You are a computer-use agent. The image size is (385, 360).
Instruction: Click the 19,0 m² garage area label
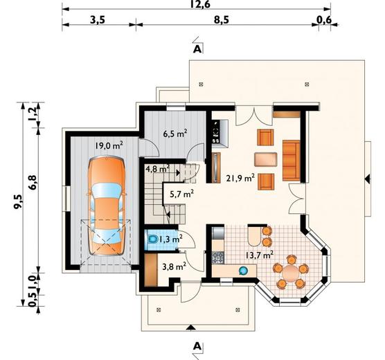point(109,145)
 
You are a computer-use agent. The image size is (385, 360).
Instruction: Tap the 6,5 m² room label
point(175,134)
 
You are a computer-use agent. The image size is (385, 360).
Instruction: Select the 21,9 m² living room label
point(240,178)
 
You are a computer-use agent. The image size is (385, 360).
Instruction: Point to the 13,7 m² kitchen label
point(260,255)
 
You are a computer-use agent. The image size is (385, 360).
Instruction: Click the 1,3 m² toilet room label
point(170,239)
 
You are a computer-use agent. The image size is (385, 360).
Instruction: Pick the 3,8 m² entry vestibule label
point(174,267)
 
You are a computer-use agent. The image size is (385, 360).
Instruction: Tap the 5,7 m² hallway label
point(181,194)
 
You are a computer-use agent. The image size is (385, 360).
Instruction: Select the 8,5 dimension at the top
point(221,19)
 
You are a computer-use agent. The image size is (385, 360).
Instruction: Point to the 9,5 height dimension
point(18,201)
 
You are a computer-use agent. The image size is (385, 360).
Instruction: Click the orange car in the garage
point(107,206)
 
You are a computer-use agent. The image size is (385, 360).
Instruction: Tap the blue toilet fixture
point(152,240)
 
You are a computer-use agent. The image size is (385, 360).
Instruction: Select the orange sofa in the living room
point(292,161)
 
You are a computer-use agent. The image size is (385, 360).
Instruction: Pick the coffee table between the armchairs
point(266,160)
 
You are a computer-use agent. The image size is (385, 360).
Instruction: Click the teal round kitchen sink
point(243,271)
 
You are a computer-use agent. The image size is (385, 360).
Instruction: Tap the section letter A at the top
point(197,50)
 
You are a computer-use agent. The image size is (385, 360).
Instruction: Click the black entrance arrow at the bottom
point(190,327)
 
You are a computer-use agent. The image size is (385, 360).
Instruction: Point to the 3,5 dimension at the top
point(98,19)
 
